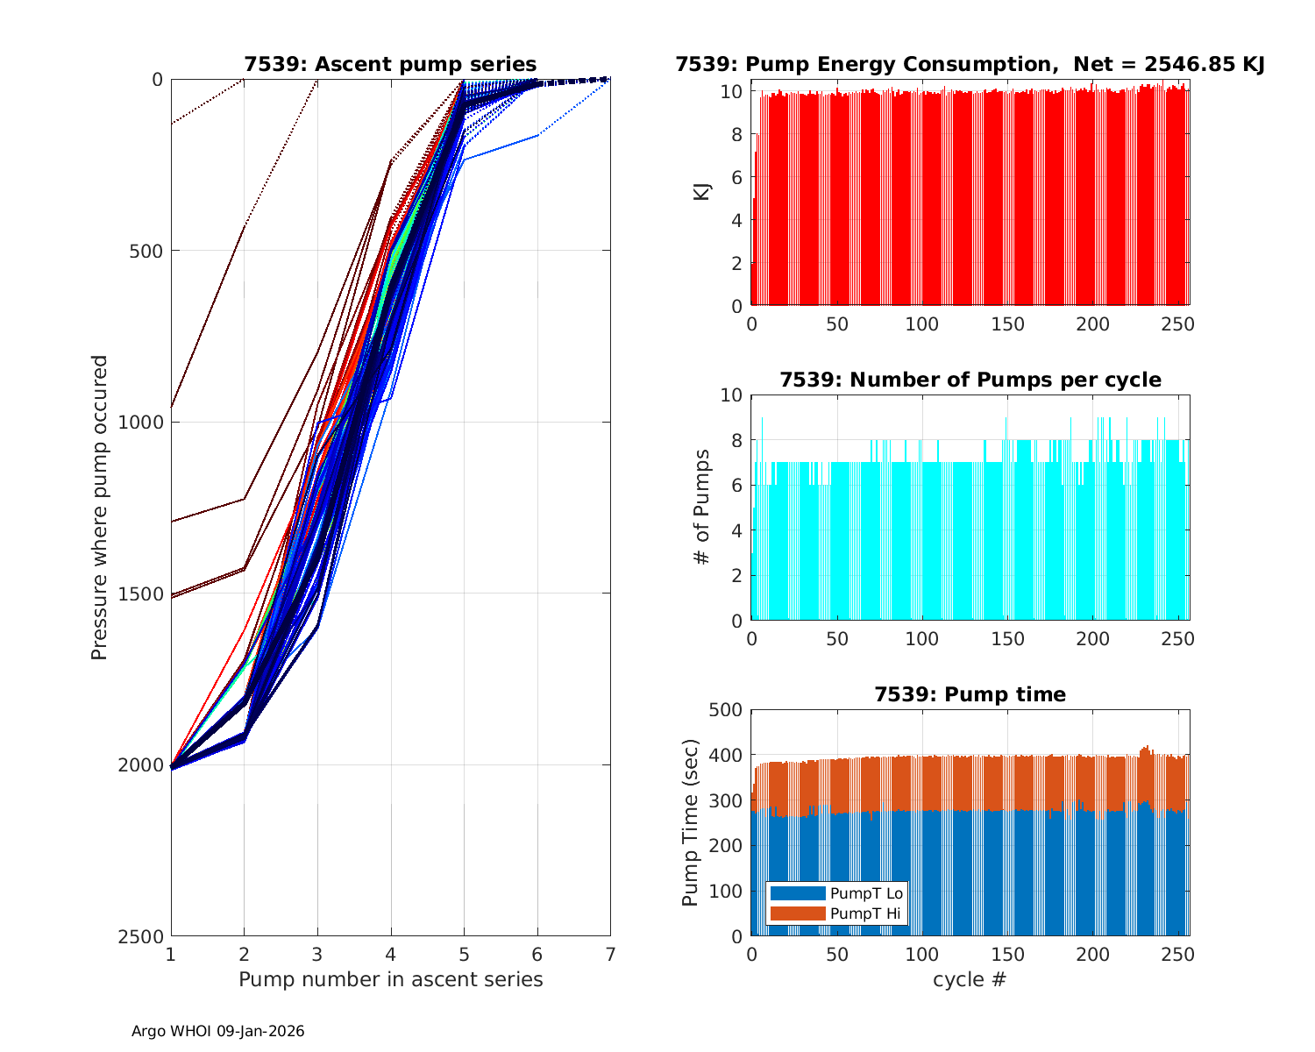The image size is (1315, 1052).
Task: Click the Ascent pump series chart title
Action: click(x=390, y=64)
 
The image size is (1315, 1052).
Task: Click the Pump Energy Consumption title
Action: click(x=970, y=64)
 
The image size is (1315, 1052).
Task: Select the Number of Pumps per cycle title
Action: click(x=970, y=380)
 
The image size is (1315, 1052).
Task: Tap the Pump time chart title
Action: click(x=970, y=694)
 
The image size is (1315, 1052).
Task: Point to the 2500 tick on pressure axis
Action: click(x=145, y=936)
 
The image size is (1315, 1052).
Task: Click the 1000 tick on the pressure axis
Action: click(x=145, y=422)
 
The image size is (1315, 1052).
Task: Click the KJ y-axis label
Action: click(x=702, y=192)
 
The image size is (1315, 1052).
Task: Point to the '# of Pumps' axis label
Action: click(x=702, y=507)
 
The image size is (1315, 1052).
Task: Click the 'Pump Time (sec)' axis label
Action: click(x=691, y=823)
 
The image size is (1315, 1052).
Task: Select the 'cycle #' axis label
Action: click(x=970, y=979)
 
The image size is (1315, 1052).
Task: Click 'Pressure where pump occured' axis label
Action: click(x=100, y=507)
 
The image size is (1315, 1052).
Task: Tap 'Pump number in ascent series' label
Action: click(x=390, y=979)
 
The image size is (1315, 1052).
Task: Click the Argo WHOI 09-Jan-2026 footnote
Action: click(x=217, y=1031)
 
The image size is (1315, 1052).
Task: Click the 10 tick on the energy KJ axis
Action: click(x=736, y=91)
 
